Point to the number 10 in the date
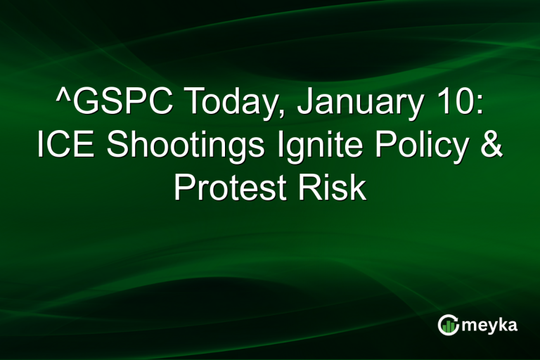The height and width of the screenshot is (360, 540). [x=449, y=104]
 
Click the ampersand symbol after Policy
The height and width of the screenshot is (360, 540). [x=490, y=146]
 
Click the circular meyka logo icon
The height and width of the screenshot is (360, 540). [x=448, y=325]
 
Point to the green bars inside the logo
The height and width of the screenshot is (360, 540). [x=449, y=326]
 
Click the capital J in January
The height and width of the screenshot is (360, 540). [x=304, y=104]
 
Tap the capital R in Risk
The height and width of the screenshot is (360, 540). [x=314, y=187]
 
